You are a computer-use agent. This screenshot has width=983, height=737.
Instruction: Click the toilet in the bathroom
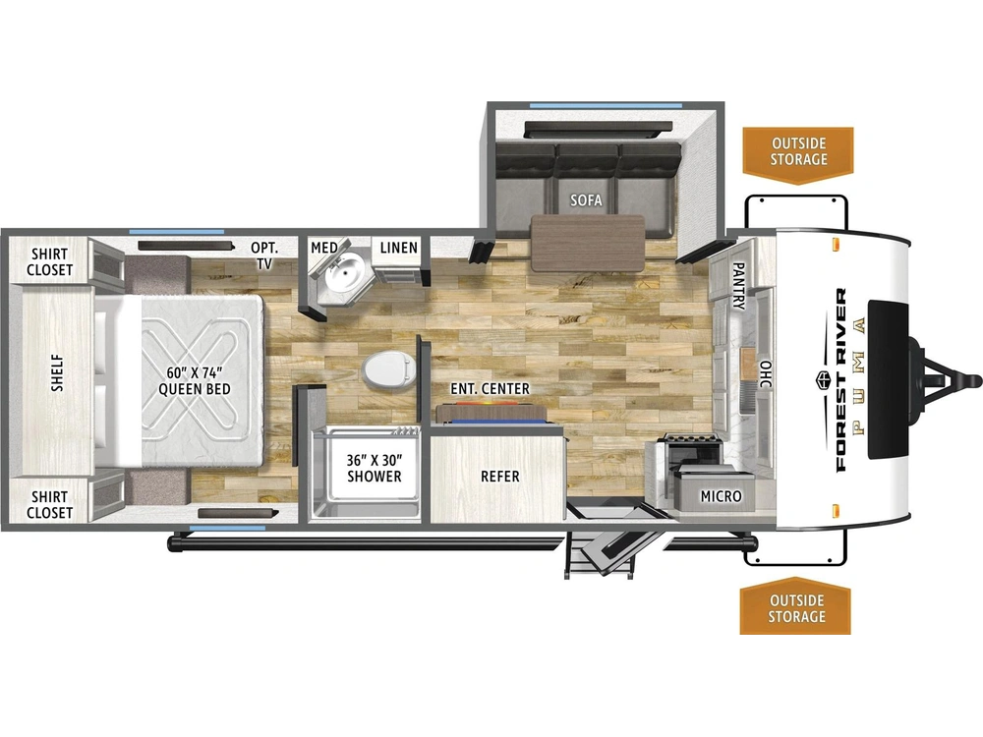click(388, 369)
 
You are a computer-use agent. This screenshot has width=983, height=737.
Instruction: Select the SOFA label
click(586, 199)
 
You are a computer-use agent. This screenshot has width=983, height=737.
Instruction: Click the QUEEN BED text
click(195, 389)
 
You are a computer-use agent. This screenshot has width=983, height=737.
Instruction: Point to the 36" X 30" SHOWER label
click(375, 468)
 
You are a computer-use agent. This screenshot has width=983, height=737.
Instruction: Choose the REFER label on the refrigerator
click(500, 477)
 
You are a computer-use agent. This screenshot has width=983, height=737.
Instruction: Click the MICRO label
click(721, 496)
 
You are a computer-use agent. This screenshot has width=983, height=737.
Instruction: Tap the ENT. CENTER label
click(491, 389)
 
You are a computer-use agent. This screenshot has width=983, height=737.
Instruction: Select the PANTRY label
click(738, 286)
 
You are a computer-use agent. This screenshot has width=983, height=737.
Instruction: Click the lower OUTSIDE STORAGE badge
click(796, 606)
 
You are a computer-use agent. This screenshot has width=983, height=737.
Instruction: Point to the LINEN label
click(399, 248)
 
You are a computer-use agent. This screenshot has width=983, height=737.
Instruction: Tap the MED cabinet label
click(324, 248)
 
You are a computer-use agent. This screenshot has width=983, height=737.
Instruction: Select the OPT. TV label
click(264, 255)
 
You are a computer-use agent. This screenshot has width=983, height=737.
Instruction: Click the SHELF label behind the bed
click(58, 373)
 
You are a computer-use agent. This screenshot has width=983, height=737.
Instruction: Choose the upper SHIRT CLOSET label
click(49, 262)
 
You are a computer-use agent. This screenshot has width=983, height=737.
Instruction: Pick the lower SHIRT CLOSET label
click(49, 504)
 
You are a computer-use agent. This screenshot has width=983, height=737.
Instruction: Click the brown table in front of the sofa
click(588, 243)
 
